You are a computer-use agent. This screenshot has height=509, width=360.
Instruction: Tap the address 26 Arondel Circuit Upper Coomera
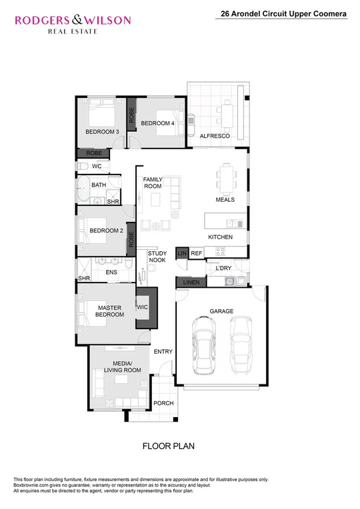pos(283,13)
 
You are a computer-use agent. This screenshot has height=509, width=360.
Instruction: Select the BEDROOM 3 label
pos(103,132)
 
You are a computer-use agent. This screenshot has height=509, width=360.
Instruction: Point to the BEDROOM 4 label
pos(158,123)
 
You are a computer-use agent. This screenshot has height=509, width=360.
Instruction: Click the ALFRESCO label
pos(215,136)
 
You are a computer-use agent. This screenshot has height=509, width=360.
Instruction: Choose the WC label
pos(97,166)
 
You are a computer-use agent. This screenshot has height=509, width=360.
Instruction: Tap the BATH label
pos(99,185)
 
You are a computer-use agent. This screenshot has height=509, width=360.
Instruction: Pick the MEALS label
pos(225,200)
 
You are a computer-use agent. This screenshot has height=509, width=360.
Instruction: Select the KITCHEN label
pos(220,237)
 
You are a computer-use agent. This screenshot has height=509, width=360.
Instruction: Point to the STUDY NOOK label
pos(157,256)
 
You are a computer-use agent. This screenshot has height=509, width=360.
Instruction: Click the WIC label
pos(143,308)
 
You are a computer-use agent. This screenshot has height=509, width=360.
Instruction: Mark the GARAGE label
pos(221,311)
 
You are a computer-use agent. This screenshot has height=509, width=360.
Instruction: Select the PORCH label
pos(163,404)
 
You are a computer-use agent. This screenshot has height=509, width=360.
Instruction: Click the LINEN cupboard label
pos(191,283)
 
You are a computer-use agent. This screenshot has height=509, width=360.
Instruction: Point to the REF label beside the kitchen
pos(196,254)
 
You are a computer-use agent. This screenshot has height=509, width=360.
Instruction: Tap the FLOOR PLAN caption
pos(168,446)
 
